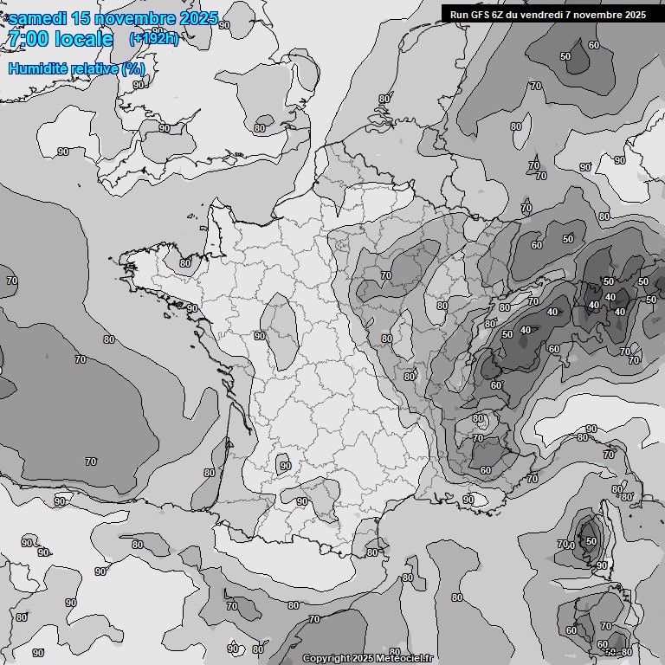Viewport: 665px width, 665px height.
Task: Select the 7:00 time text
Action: click(x=28, y=39)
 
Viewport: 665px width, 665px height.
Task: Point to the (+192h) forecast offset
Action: click(x=153, y=39)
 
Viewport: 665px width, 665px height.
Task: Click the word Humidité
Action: click(x=39, y=68)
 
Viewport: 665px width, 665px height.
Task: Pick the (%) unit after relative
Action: click(x=133, y=68)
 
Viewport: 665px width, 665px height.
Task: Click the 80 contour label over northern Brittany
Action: click(x=184, y=263)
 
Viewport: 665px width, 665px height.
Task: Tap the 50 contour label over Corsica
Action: click(x=591, y=541)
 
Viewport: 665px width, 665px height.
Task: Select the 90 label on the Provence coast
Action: click(x=468, y=500)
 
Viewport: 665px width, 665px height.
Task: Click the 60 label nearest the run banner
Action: click(x=593, y=45)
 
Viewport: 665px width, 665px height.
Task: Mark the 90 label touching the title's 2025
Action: click(x=224, y=25)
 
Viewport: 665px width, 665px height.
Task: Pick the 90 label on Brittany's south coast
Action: click(x=191, y=308)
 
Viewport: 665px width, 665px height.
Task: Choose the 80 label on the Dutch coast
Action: click(x=384, y=99)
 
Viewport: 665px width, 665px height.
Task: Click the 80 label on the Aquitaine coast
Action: click(x=209, y=473)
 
